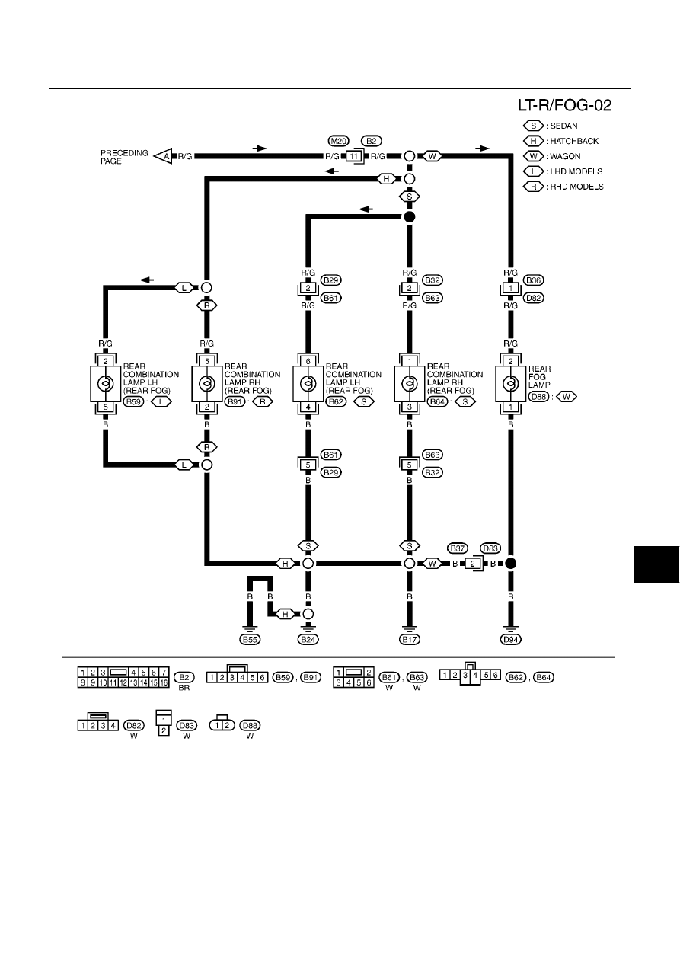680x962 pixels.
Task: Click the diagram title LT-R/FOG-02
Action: (564, 105)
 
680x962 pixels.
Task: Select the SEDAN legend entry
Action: (550, 126)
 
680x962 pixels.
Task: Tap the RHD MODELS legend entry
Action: (563, 187)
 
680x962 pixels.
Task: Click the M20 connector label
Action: (338, 141)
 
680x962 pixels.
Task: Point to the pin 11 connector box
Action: (354, 156)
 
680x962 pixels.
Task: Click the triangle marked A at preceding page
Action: (163, 156)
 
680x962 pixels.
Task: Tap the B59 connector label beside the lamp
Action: (133, 401)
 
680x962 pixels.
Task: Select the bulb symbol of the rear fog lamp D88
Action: (510, 383)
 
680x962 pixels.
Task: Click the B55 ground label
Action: (250, 640)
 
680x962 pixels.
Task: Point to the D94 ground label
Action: (510, 640)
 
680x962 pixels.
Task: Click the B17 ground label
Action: (409, 640)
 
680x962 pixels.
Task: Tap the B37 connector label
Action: (457, 548)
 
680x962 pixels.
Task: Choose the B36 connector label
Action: (533, 280)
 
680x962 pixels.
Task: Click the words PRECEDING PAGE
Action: (124, 157)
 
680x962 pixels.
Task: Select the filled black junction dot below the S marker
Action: (410, 217)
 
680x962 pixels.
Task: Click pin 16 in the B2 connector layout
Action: (164, 683)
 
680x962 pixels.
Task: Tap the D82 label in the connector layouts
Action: (133, 725)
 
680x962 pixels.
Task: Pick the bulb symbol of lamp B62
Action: (308, 383)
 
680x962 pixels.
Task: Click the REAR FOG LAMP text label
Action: (540, 376)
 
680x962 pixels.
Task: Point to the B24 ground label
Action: (308, 640)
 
